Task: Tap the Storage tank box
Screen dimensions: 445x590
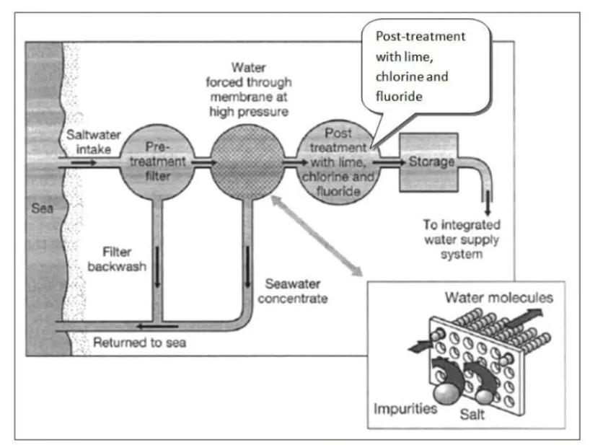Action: tap(428, 162)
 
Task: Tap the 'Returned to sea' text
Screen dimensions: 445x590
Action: tap(139, 343)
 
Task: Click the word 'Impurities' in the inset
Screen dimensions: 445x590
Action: tap(405, 409)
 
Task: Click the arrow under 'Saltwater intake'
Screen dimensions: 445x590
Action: tap(84, 163)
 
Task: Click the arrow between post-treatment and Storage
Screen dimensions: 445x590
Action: tap(389, 162)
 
